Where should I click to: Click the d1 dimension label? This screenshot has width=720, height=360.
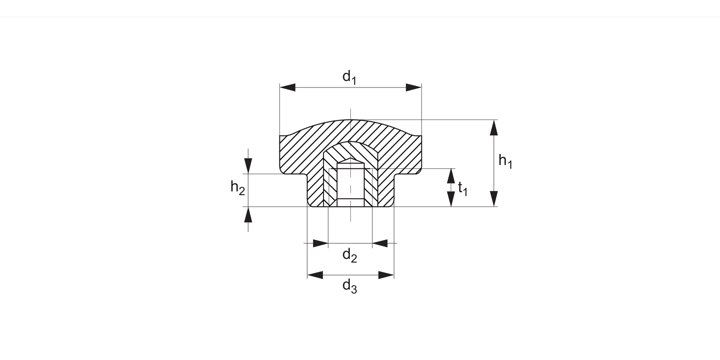349,77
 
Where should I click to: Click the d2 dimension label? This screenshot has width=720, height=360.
349,255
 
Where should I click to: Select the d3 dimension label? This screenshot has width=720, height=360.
349,287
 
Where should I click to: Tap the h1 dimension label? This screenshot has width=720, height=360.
505,161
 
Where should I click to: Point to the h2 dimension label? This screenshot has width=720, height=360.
238,188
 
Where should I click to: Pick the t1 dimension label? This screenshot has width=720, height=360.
462,188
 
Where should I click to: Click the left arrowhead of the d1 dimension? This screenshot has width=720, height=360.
288,87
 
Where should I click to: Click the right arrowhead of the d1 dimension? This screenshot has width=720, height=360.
413,87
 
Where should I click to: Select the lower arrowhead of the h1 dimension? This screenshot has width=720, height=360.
493,199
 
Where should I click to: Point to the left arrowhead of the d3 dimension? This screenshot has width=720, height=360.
315,275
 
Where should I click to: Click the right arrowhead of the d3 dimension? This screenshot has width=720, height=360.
386,275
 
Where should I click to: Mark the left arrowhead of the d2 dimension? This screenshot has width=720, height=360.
321,243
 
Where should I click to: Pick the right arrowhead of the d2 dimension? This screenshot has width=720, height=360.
380,243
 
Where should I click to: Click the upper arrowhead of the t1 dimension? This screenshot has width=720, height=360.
451,176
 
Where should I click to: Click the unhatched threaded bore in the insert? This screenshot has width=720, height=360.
350,185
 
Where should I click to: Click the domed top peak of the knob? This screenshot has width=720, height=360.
350,120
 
